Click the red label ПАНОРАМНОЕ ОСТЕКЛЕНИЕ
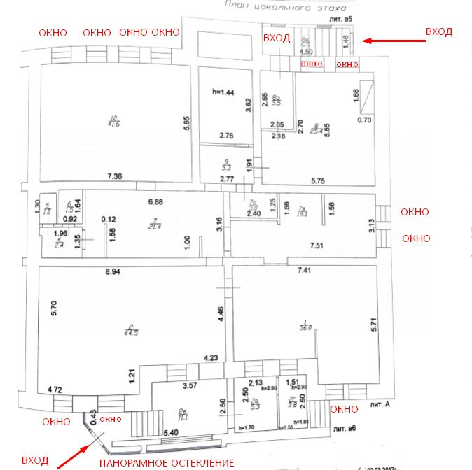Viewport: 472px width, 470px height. coord(166,462)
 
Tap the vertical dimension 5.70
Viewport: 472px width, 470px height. coord(53,310)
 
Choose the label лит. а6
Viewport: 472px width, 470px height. coord(347,427)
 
